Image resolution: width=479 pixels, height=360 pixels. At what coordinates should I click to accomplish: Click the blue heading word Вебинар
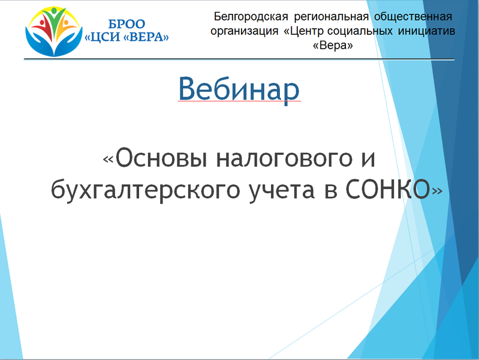point(239,89)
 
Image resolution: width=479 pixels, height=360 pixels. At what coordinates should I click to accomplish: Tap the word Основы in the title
point(161,158)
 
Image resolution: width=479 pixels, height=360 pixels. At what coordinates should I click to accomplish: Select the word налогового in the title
point(284,158)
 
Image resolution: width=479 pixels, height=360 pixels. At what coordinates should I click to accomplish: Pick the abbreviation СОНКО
point(387,189)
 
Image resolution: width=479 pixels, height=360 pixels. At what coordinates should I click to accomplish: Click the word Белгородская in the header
point(251,17)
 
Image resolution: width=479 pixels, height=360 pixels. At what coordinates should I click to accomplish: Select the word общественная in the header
point(413,17)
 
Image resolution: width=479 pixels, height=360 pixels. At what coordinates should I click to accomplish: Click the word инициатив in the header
point(426,31)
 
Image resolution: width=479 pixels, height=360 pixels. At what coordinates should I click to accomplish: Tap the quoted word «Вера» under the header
point(333,46)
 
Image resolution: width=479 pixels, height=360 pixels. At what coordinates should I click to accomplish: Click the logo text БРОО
point(126,24)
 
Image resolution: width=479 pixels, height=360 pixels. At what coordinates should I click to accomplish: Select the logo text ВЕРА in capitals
point(147,37)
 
